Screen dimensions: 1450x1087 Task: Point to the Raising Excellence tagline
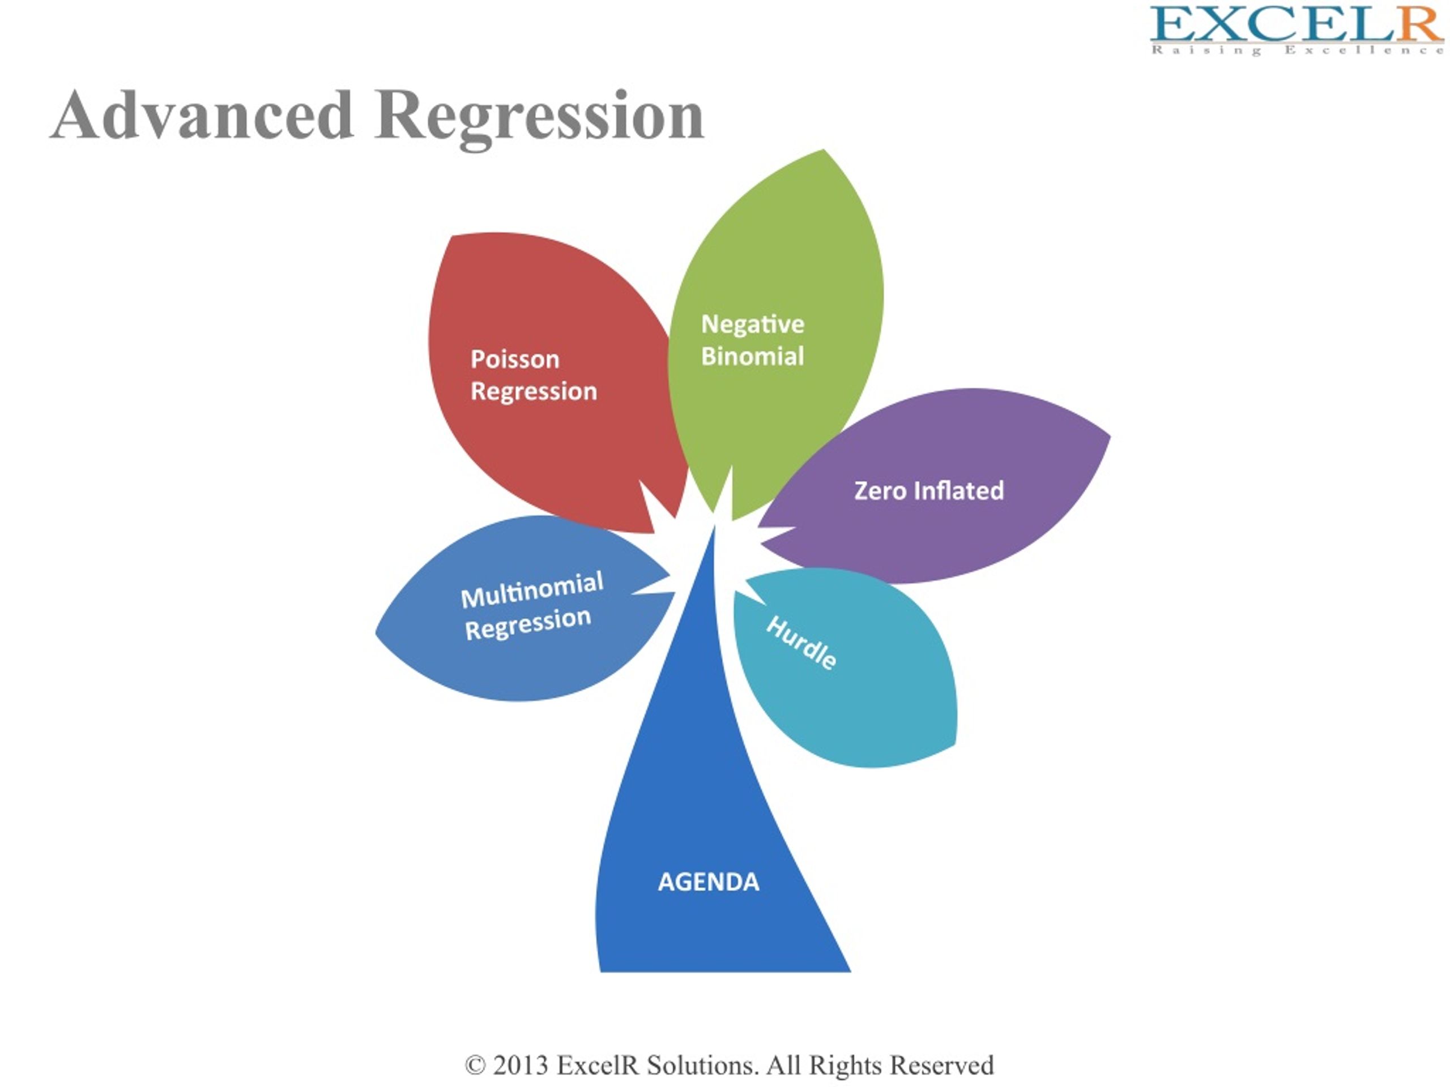point(1297,50)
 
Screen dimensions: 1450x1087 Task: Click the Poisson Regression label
point(534,375)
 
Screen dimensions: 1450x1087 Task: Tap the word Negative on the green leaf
point(753,324)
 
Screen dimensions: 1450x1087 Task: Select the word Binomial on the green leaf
point(753,356)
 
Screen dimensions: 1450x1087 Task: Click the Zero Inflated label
point(929,491)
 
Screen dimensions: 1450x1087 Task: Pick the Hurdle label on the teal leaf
point(801,643)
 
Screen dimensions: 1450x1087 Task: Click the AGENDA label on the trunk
point(709,882)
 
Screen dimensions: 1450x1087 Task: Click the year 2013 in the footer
point(521,1065)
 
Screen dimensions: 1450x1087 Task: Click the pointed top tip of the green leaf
point(824,150)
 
